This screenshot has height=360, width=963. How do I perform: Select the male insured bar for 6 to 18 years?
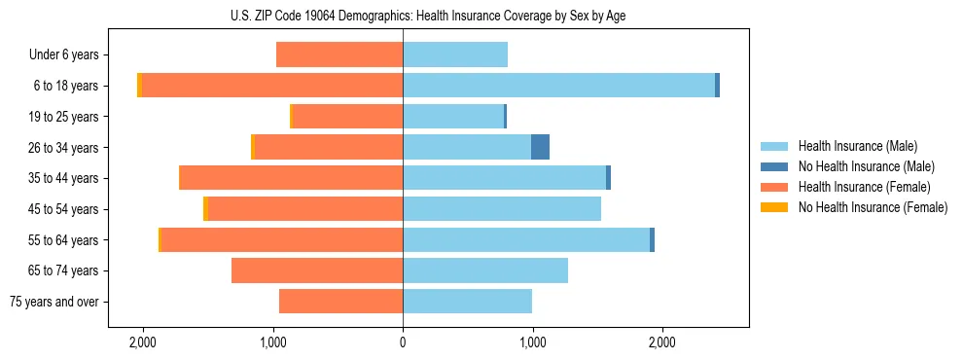click(558, 86)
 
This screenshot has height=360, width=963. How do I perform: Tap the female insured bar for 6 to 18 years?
click(272, 86)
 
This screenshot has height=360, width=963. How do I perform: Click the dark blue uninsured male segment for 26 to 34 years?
click(540, 147)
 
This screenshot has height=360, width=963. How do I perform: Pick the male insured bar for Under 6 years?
click(455, 55)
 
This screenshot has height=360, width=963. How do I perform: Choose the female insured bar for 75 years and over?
click(340, 302)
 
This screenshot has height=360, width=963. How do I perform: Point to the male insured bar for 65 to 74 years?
click(485, 270)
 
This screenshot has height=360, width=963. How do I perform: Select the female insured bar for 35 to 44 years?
click(291, 178)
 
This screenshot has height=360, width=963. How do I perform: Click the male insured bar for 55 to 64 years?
click(526, 239)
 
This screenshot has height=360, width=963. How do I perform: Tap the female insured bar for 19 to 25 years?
click(347, 117)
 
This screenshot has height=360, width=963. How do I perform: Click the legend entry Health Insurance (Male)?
click(857, 146)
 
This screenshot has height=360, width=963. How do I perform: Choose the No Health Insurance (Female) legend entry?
click(873, 207)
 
